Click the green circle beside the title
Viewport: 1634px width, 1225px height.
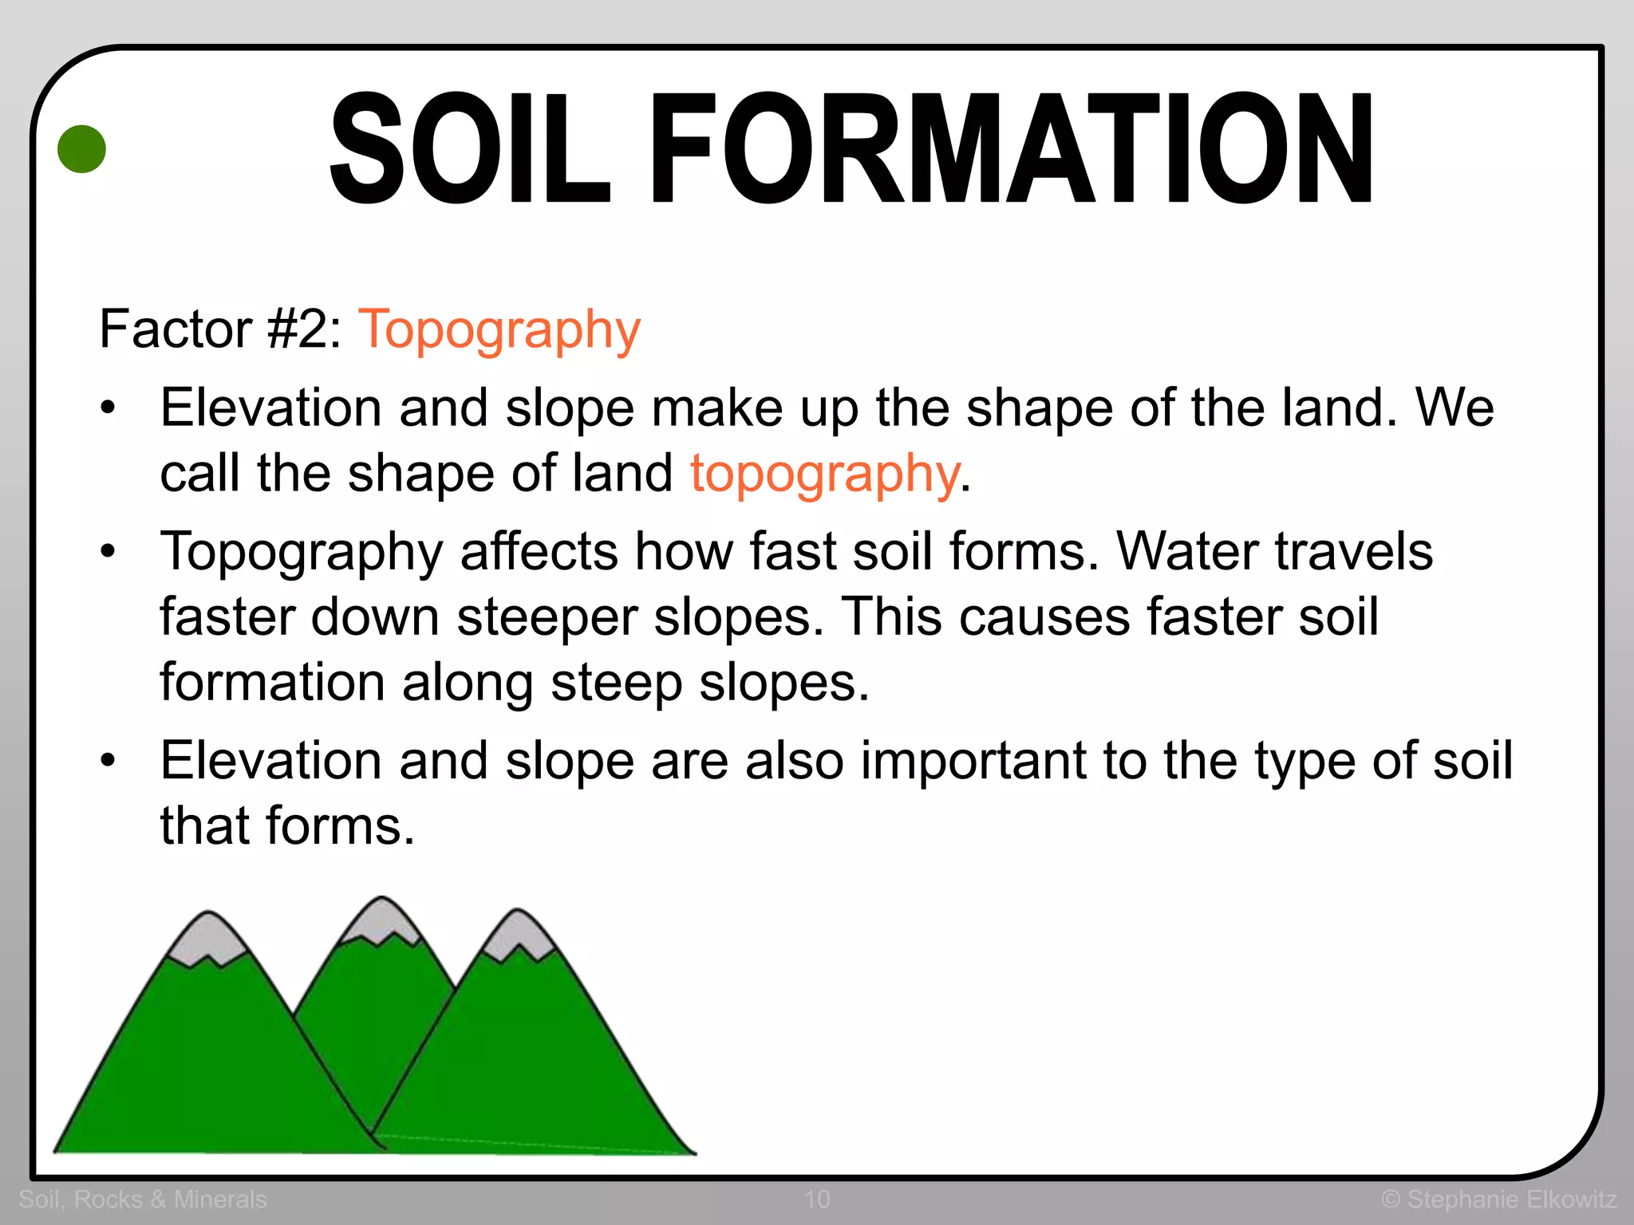click(82, 149)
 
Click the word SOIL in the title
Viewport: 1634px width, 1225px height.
click(470, 149)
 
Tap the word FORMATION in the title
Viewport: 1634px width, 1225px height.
click(1013, 149)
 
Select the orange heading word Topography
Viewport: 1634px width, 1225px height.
click(499, 329)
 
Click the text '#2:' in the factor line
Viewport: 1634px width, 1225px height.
click(306, 329)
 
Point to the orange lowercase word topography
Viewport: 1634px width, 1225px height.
click(824, 473)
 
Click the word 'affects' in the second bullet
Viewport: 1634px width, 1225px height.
click(539, 551)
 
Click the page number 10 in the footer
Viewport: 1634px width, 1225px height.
click(817, 1199)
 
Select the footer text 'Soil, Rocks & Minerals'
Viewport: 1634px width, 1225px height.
click(143, 1199)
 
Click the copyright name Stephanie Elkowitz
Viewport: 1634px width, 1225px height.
click(1511, 1199)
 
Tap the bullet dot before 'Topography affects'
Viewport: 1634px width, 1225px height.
click(109, 551)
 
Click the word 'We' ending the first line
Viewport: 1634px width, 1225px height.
click(1454, 408)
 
